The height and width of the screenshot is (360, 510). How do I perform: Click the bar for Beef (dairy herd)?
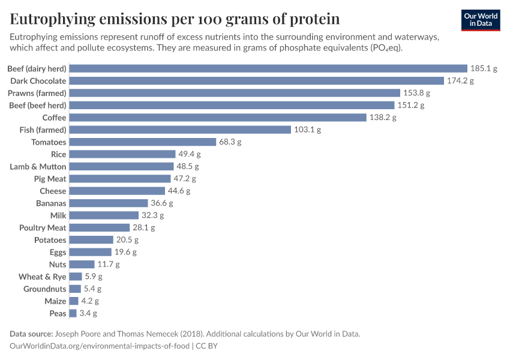[x=268, y=68]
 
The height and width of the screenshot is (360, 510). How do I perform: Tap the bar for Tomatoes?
[x=143, y=142]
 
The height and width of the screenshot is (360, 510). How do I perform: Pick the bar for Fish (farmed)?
[x=180, y=130]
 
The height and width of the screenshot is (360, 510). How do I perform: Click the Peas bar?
[x=73, y=313]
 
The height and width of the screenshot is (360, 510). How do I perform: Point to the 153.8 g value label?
[x=416, y=93]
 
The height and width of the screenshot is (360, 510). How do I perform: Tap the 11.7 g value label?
[x=109, y=264]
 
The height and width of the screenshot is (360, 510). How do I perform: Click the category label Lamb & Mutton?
[x=38, y=166]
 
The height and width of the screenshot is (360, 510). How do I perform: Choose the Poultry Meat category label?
[x=43, y=227]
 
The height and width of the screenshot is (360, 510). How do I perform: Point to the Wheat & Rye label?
[x=42, y=277]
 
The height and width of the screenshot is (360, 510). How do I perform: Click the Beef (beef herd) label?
[x=37, y=105]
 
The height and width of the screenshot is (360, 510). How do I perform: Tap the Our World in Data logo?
[x=481, y=20]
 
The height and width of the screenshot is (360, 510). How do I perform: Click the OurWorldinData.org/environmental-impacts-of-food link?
[x=100, y=346]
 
